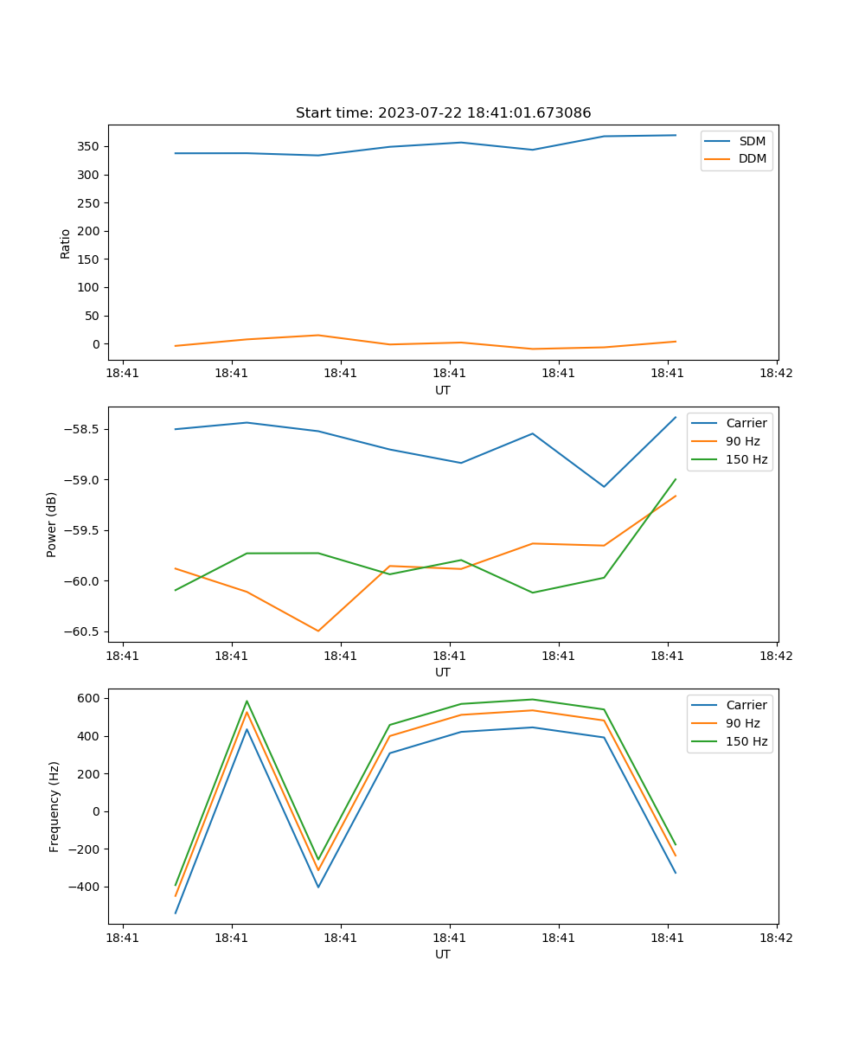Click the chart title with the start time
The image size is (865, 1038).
point(443,113)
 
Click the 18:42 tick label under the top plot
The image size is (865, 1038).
point(776,374)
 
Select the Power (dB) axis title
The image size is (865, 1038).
point(53,524)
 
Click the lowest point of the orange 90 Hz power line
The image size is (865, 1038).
point(318,631)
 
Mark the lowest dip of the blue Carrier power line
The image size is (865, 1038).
point(604,486)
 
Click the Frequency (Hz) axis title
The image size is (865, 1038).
point(54,806)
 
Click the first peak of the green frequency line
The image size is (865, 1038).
point(247,702)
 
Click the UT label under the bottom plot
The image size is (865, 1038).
point(443,954)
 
